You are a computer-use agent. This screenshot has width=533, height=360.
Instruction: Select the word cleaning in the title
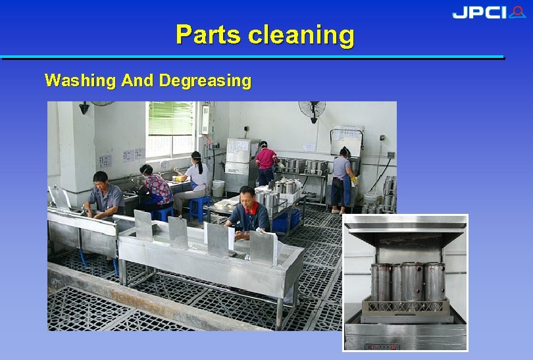(301, 34)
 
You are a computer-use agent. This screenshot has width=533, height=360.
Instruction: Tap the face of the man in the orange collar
(247, 197)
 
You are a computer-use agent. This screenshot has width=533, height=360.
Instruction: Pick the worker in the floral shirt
(156, 188)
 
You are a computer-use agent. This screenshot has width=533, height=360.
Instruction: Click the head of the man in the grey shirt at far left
(99, 180)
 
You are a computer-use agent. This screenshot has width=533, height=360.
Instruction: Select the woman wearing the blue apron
(342, 178)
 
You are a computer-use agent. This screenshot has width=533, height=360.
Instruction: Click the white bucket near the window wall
(218, 188)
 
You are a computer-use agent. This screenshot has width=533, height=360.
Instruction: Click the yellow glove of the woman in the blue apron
(354, 178)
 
